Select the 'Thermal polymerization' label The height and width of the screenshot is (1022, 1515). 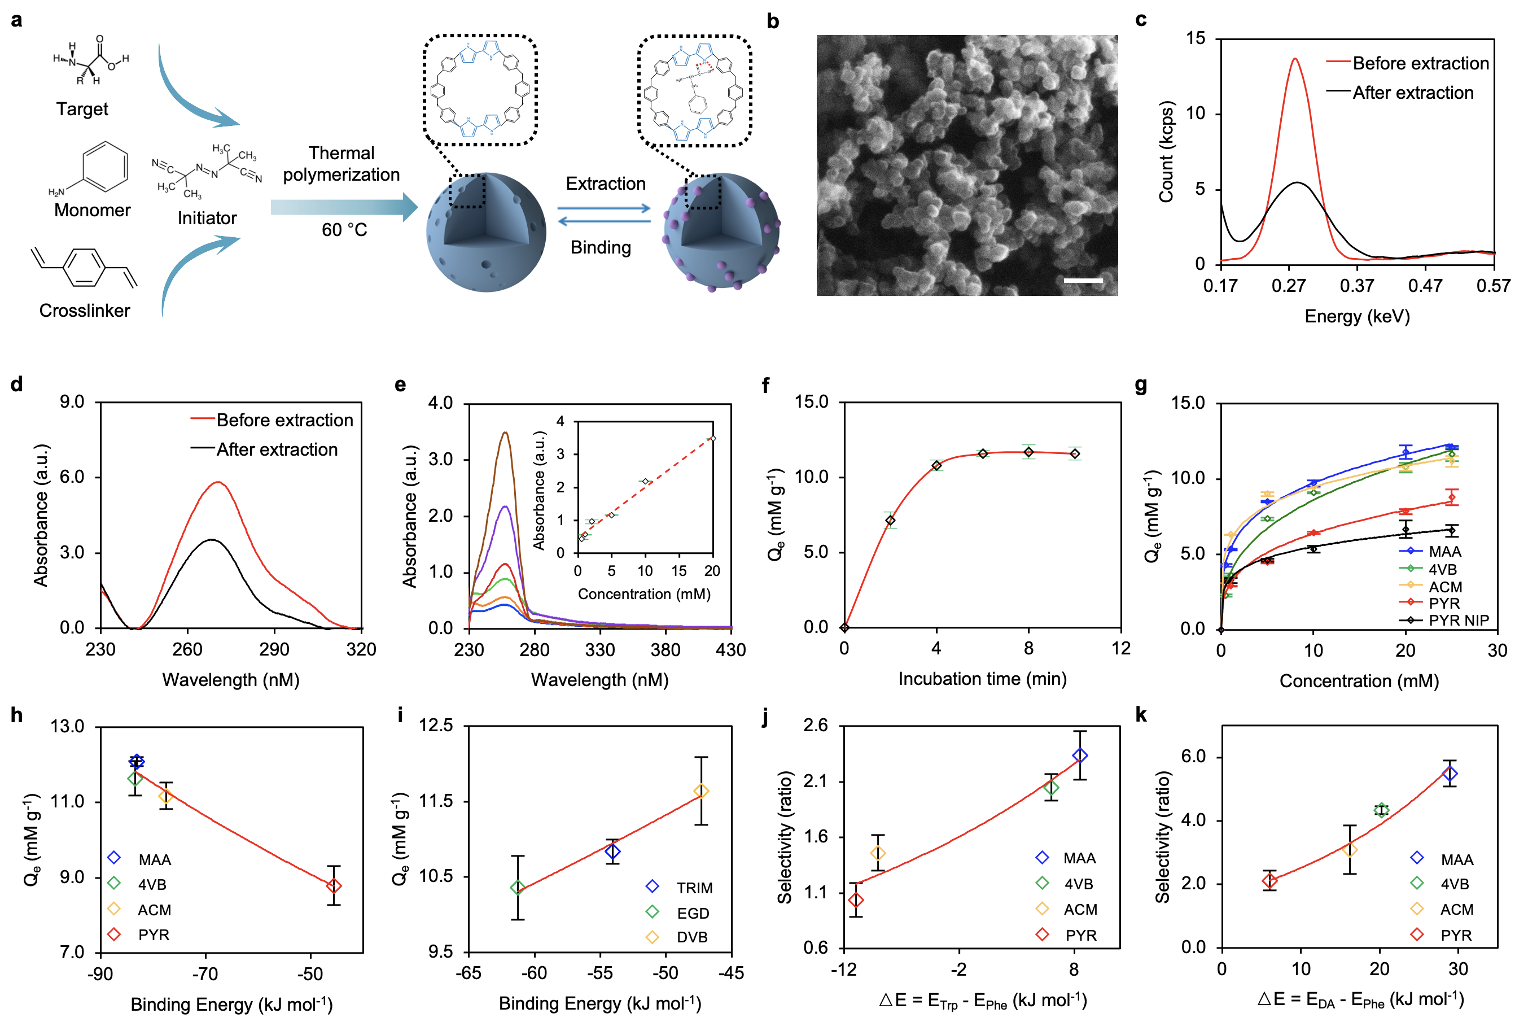click(341, 164)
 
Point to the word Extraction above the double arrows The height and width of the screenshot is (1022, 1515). click(605, 184)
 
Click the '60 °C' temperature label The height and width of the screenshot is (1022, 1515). click(344, 229)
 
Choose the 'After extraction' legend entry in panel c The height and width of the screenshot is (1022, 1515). click(1412, 93)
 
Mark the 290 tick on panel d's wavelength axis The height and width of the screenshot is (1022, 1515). click(274, 649)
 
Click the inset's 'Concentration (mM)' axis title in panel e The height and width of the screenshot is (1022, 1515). click(644, 594)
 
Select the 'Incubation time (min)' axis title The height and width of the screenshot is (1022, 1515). click(982, 679)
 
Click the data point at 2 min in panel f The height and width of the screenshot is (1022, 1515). click(890, 520)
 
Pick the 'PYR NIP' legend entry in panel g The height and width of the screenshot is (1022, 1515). click(1459, 620)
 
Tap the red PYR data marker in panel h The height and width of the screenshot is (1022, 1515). click(334, 885)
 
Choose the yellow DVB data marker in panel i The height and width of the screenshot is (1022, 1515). click(700, 790)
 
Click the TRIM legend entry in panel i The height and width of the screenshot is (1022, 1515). click(693, 888)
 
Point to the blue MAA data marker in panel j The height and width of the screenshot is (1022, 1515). click(1080, 755)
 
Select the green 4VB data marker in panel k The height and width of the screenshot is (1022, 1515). click(1381, 810)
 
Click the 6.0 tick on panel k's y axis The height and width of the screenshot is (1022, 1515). click(1193, 757)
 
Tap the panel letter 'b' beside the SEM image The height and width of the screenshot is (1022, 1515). click(773, 21)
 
